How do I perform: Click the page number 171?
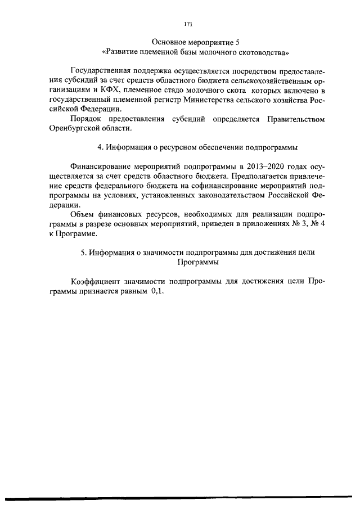click(188, 24)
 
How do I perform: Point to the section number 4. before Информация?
click(101, 147)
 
